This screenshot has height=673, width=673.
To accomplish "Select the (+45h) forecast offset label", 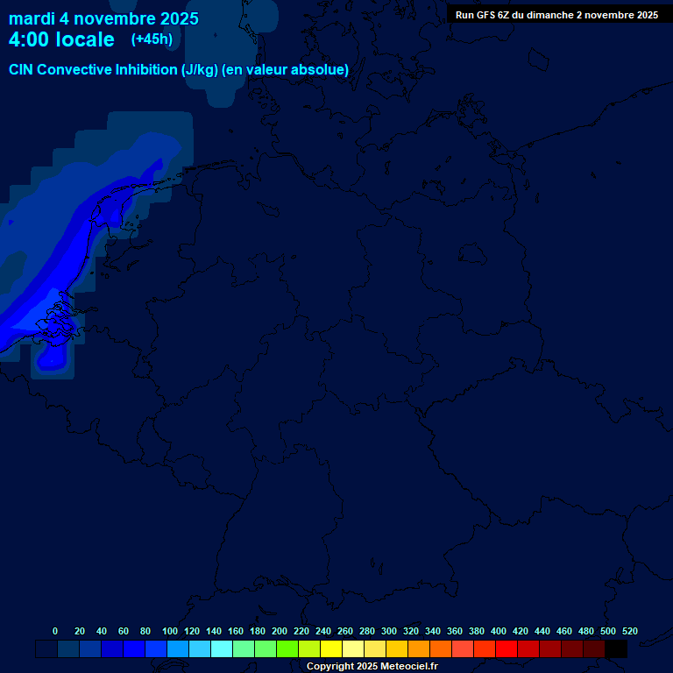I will click(152, 39).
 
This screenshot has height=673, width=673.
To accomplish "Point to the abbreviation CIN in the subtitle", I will click(21, 70).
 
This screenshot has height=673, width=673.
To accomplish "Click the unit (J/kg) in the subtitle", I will click(201, 70).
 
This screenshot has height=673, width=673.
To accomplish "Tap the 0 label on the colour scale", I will click(55, 631).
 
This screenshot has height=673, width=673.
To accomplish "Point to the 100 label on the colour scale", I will click(170, 631).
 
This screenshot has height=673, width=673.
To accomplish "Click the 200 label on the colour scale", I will click(280, 631).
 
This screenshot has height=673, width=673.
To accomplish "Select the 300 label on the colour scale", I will click(389, 631).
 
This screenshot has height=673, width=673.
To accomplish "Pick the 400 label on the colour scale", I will click(499, 631).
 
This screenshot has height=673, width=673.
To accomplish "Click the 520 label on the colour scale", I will click(629, 631).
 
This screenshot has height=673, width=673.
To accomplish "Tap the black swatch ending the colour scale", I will click(616, 649).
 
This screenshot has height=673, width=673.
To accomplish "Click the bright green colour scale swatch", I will click(287, 649).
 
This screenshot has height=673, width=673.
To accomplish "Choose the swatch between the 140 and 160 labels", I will click(222, 649).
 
